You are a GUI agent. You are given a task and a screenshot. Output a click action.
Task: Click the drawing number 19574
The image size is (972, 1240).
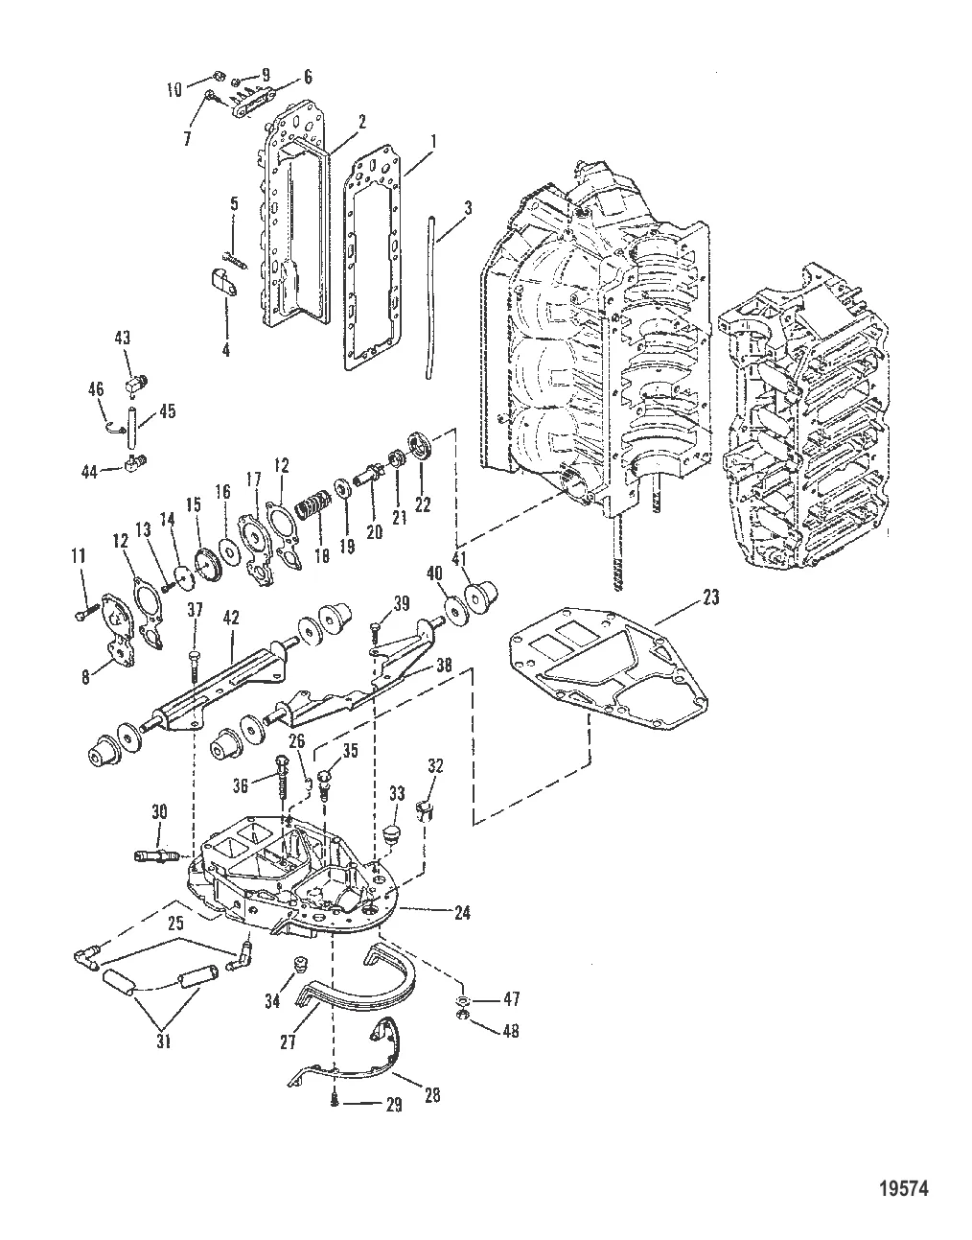903,1188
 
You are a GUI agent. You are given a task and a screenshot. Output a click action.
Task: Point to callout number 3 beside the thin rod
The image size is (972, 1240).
467,207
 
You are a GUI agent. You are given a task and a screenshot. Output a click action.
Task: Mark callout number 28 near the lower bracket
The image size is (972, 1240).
431,1095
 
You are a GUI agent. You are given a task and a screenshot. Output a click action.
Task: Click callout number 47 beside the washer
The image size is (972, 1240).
510,1000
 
